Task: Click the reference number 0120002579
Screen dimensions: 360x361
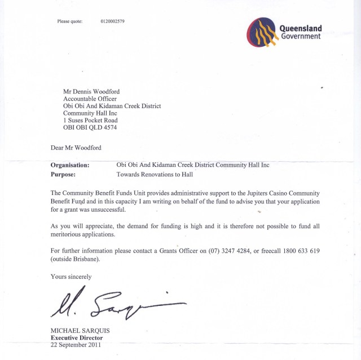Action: [112, 21]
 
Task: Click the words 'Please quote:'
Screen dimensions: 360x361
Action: [70, 21]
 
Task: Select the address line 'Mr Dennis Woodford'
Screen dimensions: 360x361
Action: [91, 91]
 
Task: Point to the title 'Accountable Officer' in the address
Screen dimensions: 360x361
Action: [90, 99]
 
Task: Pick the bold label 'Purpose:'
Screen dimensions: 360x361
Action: [63, 175]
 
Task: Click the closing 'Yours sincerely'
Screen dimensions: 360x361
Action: [71, 277]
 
